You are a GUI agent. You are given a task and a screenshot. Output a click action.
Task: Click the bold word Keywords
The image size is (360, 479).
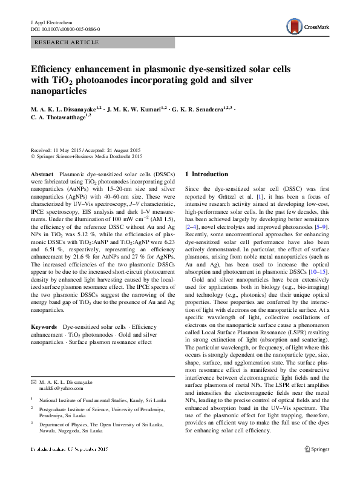tap(44, 327)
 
